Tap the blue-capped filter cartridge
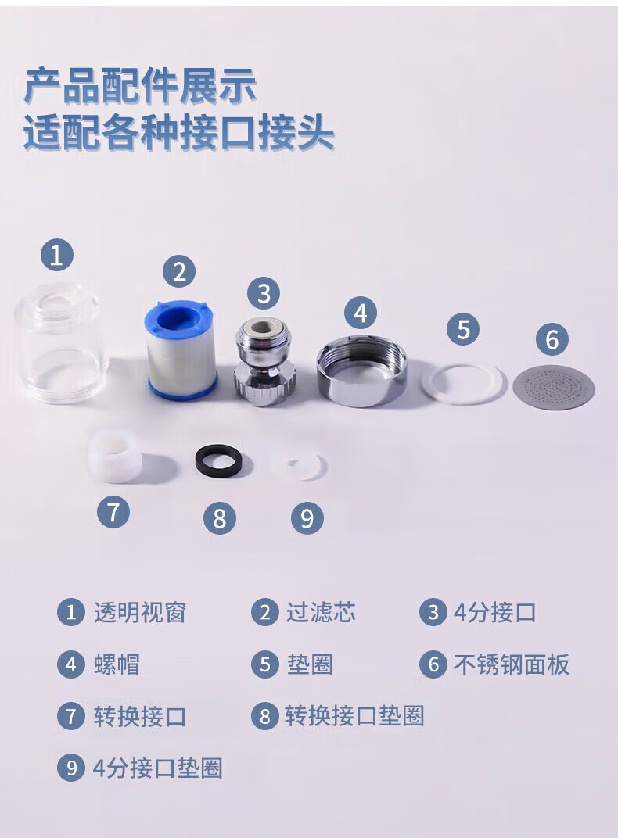(181, 350)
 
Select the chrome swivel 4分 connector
(264, 361)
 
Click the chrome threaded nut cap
(361, 371)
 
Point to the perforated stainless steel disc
(553, 388)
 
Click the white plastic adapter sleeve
(115, 459)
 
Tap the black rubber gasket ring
(217, 460)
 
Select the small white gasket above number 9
(297, 466)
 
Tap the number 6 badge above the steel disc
(552, 339)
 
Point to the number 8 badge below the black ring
(220, 517)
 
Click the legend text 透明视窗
(139, 612)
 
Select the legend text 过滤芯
(321, 612)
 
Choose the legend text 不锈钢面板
(512, 664)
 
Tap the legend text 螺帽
(117, 664)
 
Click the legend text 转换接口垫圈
(354, 716)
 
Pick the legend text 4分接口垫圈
(158, 768)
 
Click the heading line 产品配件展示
(140, 85)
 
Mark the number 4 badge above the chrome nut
(361, 313)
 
